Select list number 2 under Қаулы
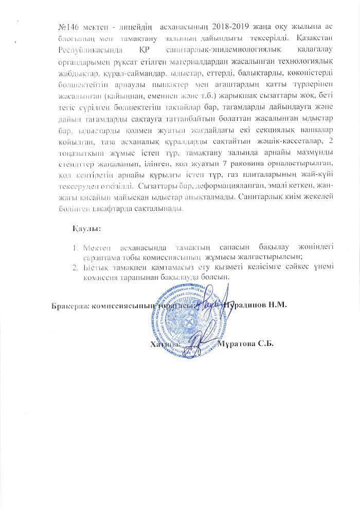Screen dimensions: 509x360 pyautogui.click(x=75, y=267)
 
